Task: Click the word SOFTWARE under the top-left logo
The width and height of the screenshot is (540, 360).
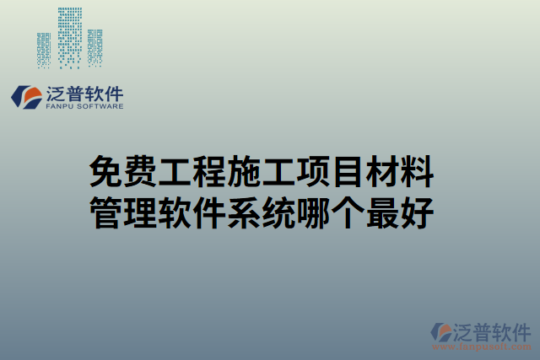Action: [x=99, y=107]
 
